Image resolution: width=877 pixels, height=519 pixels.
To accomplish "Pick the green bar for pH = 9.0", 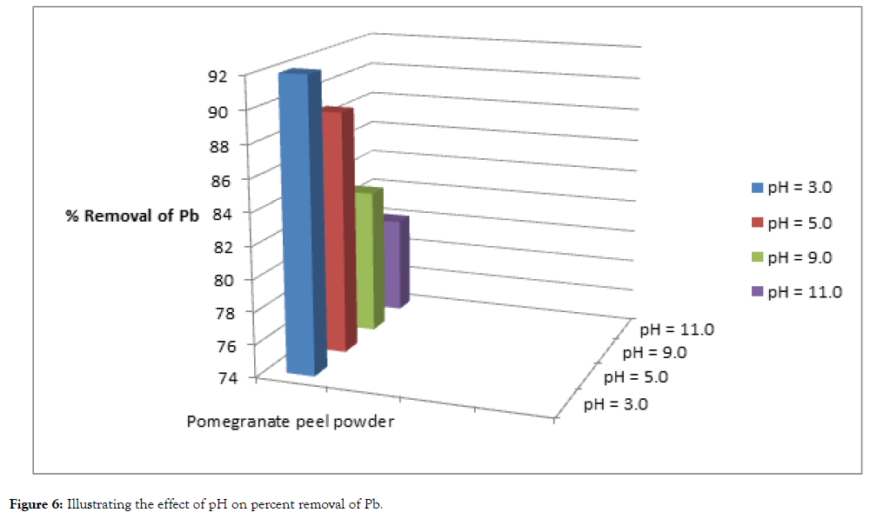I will point(366,261).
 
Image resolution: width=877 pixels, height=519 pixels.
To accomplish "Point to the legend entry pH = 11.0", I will point(795,292).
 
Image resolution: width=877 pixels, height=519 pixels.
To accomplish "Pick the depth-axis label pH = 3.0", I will point(615,403).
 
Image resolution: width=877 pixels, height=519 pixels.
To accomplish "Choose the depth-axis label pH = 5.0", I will point(636,377).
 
